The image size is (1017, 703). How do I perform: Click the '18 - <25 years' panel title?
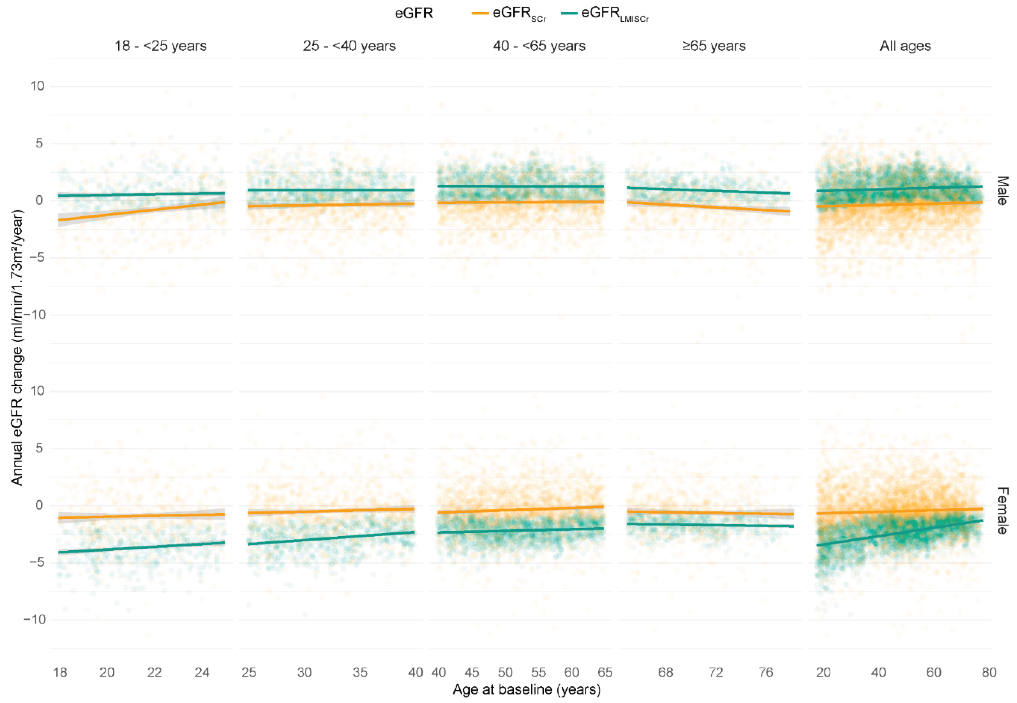[x=160, y=46]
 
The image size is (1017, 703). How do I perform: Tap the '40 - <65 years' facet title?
[x=539, y=46]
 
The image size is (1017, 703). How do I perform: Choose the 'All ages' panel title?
[x=905, y=46]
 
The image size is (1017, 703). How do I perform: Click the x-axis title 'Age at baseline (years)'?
[x=527, y=689]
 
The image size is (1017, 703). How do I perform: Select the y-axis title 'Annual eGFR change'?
[x=17, y=348]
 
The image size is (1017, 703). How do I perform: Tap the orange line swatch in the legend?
[x=480, y=14]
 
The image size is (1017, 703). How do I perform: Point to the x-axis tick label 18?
[x=60, y=672]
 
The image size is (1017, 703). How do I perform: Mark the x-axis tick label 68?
[x=666, y=672]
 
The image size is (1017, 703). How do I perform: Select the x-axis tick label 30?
[x=304, y=672]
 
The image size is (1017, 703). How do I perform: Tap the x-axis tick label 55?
[x=538, y=672]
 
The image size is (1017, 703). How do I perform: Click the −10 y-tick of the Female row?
[x=34, y=619]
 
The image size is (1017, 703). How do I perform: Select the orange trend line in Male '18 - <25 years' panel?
[x=141, y=211]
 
